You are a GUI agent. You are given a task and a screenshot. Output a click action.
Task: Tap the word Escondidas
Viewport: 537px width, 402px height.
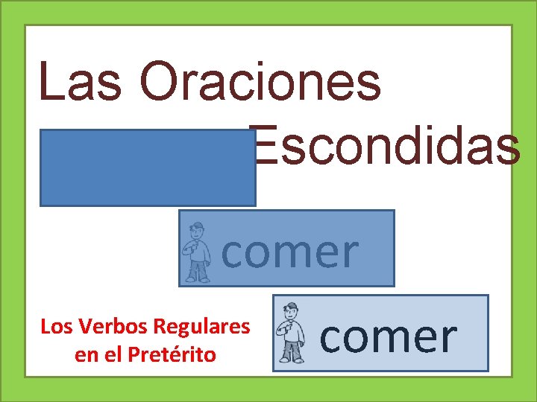(386, 146)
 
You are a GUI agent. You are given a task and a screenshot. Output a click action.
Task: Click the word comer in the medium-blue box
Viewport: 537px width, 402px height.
(291, 251)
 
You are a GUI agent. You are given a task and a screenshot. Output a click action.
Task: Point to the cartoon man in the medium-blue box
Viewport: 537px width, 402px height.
(198, 252)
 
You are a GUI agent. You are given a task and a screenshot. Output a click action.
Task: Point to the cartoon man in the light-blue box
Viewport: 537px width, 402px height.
(291, 333)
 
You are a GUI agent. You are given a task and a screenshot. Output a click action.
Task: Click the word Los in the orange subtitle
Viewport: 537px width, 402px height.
(55, 327)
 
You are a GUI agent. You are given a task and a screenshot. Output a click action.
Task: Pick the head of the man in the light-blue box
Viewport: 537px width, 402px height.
(292, 310)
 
